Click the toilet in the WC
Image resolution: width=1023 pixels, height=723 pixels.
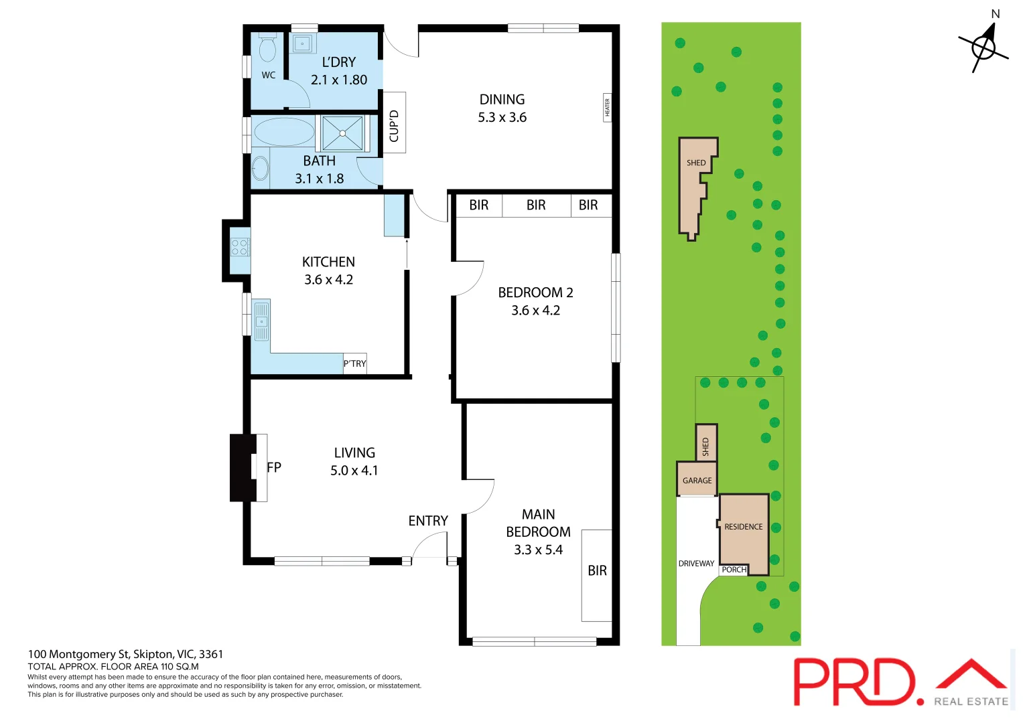point(267,49)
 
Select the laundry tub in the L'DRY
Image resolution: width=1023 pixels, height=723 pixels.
point(303,44)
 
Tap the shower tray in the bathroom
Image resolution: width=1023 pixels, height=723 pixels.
point(342,133)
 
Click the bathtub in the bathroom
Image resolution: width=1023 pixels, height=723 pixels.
point(284,132)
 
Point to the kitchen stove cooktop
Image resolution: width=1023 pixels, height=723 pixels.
point(239,247)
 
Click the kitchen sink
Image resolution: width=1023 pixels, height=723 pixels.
point(261,321)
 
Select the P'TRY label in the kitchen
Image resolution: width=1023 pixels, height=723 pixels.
point(354,364)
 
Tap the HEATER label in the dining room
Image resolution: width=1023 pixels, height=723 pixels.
point(607,108)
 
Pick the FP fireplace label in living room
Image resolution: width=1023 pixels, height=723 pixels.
point(274,467)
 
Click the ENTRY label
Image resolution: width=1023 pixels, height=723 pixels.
point(428,521)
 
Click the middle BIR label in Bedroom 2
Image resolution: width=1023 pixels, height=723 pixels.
point(536,205)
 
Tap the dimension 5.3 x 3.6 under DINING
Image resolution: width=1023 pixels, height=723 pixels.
point(502,118)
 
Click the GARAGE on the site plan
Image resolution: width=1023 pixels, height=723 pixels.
point(697,480)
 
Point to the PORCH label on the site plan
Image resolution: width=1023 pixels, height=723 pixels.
point(734,570)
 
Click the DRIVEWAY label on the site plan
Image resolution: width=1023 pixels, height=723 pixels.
point(696,564)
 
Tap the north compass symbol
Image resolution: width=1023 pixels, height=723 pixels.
point(984,47)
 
